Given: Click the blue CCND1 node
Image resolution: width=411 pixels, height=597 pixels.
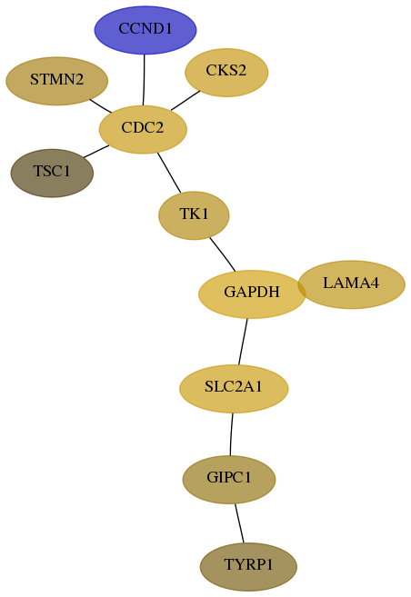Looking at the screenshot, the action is [x=145, y=30].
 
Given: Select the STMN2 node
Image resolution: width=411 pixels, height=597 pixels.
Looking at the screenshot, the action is [x=56, y=81].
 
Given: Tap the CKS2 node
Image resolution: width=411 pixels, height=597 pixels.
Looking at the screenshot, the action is [x=226, y=73].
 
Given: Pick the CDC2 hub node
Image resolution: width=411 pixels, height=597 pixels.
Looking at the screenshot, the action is [x=143, y=129].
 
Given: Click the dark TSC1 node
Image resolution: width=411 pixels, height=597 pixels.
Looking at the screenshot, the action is [x=52, y=174].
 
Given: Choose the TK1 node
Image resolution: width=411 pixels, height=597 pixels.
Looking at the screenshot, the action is [x=194, y=215].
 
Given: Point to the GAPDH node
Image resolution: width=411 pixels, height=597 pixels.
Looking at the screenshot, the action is [x=252, y=294].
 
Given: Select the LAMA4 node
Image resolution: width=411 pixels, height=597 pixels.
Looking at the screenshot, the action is [x=351, y=284].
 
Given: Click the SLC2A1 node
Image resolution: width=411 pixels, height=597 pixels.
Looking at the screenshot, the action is [x=234, y=389].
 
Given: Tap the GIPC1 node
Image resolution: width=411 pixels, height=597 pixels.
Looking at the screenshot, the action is [x=229, y=480].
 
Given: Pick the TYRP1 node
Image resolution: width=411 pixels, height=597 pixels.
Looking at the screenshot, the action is [x=248, y=567].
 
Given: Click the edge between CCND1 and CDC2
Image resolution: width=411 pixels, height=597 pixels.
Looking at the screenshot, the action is [x=144, y=80].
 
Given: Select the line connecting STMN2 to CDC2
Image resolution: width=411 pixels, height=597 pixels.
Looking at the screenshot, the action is [x=101, y=105].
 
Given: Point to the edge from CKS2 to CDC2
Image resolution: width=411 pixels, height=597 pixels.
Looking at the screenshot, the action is [x=185, y=101].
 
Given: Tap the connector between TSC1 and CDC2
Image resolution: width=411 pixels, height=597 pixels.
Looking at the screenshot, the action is [x=96, y=151].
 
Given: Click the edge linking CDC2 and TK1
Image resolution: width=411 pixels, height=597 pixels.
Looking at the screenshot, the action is [x=169, y=173].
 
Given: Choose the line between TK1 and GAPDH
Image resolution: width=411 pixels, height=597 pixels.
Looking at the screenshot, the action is [x=223, y=254].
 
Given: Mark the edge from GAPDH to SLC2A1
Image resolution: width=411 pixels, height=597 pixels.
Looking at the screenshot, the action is [x=243, y=342].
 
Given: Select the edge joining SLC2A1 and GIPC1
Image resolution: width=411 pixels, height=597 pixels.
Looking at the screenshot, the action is [x=231, y=434].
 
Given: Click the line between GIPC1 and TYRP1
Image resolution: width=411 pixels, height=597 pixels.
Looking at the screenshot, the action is [x=239, y=523].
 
